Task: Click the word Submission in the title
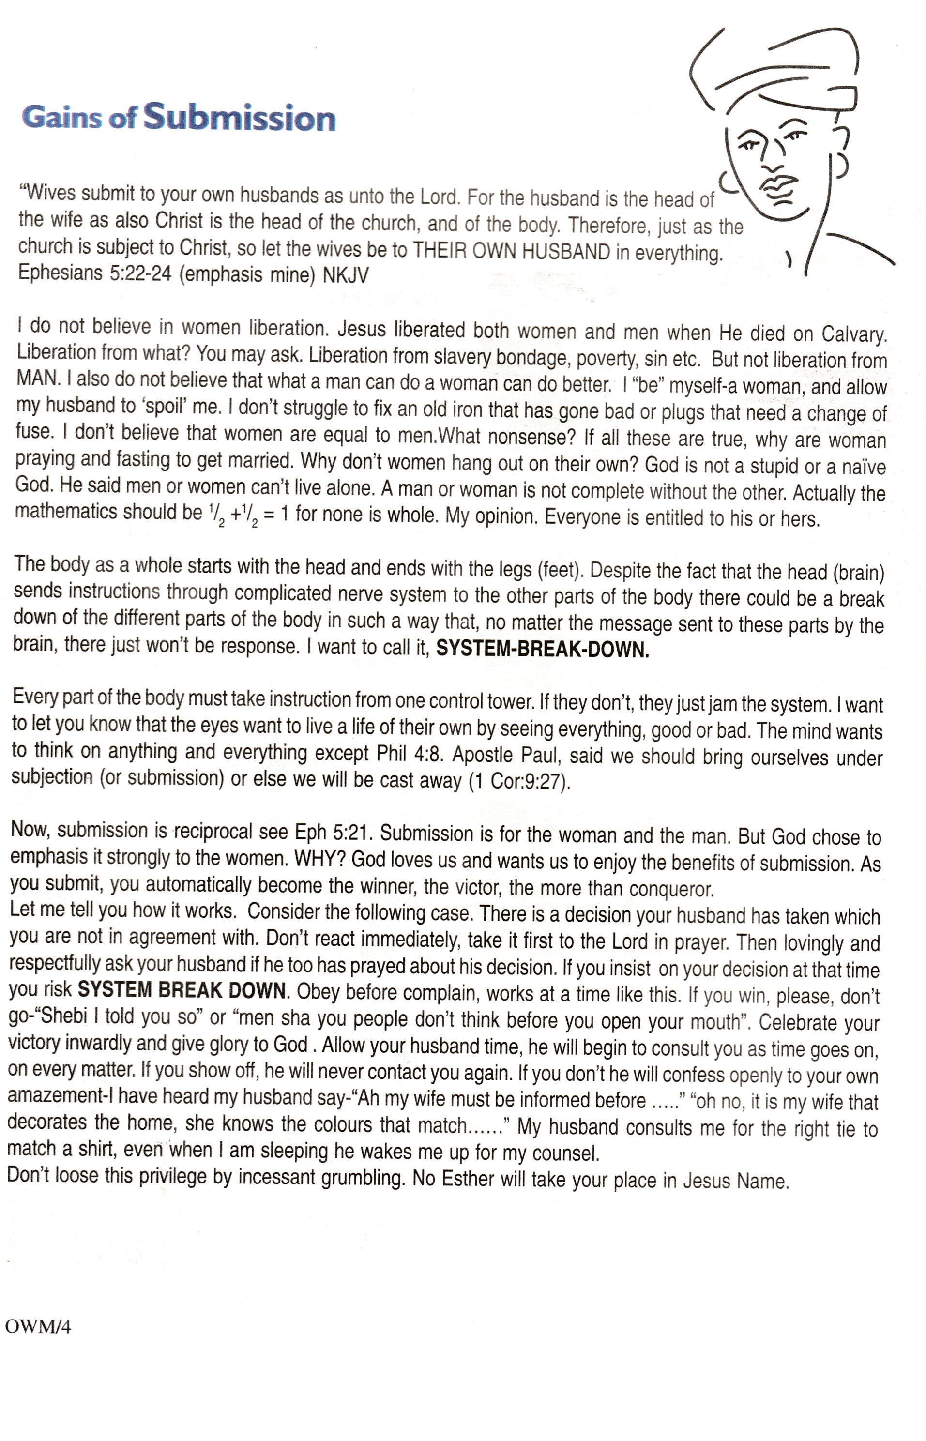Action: pyautogui.click(x=239, y=117)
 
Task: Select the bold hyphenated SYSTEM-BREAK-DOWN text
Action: pyautogui.click(x=542, y=649)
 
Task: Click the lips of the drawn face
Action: pyautogui.click(x=780, y=184)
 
